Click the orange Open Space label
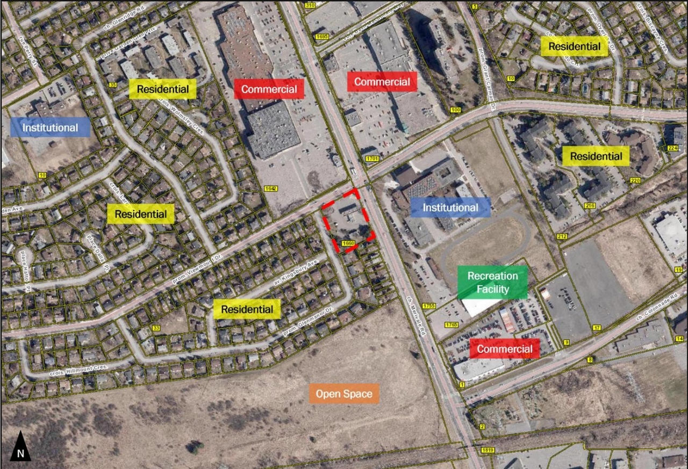pyautogui.click(x=344, y=394)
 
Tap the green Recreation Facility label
pyautogui.click(x=492, y=283)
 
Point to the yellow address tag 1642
pyautogui.click(x=270, y=188)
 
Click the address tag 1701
pyautogui.click(x=371, y=158)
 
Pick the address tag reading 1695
pyautogui.click(x=322, y=37)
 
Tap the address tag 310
pyautogui.click(x=310, y=5)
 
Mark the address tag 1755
pyautogui.click(x=428, y=306)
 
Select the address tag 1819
pyautogui.click(x=488, y=450)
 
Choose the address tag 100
pyautogui.click(x=456, y=110)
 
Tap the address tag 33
pyautogui.click(x=156, y=328)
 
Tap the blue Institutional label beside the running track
pyautogui.click(x=450, y=207)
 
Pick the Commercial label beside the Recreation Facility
pyautogui.click(x=504, y=349)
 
